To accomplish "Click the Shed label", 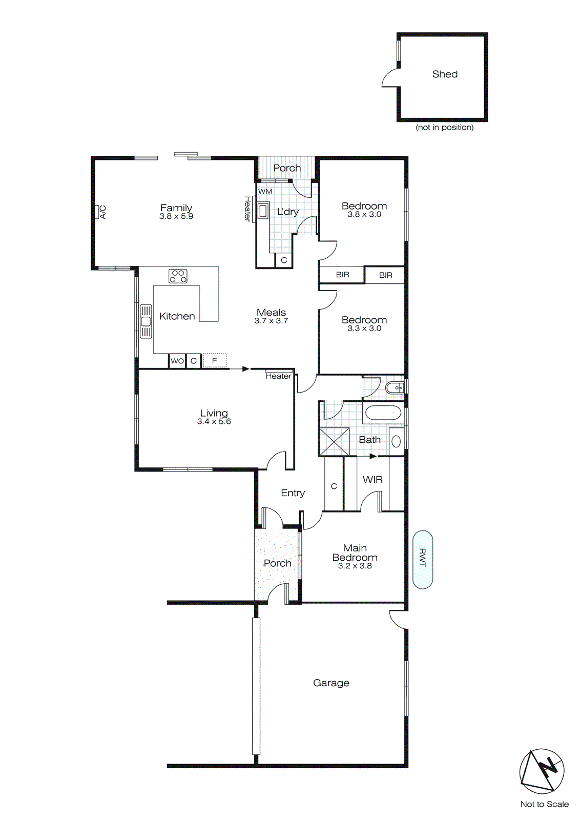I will tap(445, 74).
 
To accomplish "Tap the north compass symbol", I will tap(542, 771).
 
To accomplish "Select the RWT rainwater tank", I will tap(423, 559).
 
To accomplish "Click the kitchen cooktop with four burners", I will tap(178, 276).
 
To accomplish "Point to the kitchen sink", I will tap(146, 321).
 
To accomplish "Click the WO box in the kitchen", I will tap(177, 361).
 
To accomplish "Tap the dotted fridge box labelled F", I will tap(214, 361).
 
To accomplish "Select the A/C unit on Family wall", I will tap(96, 212).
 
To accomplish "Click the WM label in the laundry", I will tap(265, 191).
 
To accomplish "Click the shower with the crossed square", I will tap(334, 441).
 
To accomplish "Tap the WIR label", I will tap(372, 480).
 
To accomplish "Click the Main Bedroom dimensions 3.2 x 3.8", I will tap(355, 566).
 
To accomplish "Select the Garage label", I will tap(331, 683).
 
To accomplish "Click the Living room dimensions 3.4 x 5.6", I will tap(214, 421).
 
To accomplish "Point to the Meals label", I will tap(271, 312).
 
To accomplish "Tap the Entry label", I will tap(293, 493).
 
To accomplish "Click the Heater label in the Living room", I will tap(278, 376).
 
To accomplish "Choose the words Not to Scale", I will tap(544, 804).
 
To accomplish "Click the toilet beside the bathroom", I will tap(396, 388).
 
